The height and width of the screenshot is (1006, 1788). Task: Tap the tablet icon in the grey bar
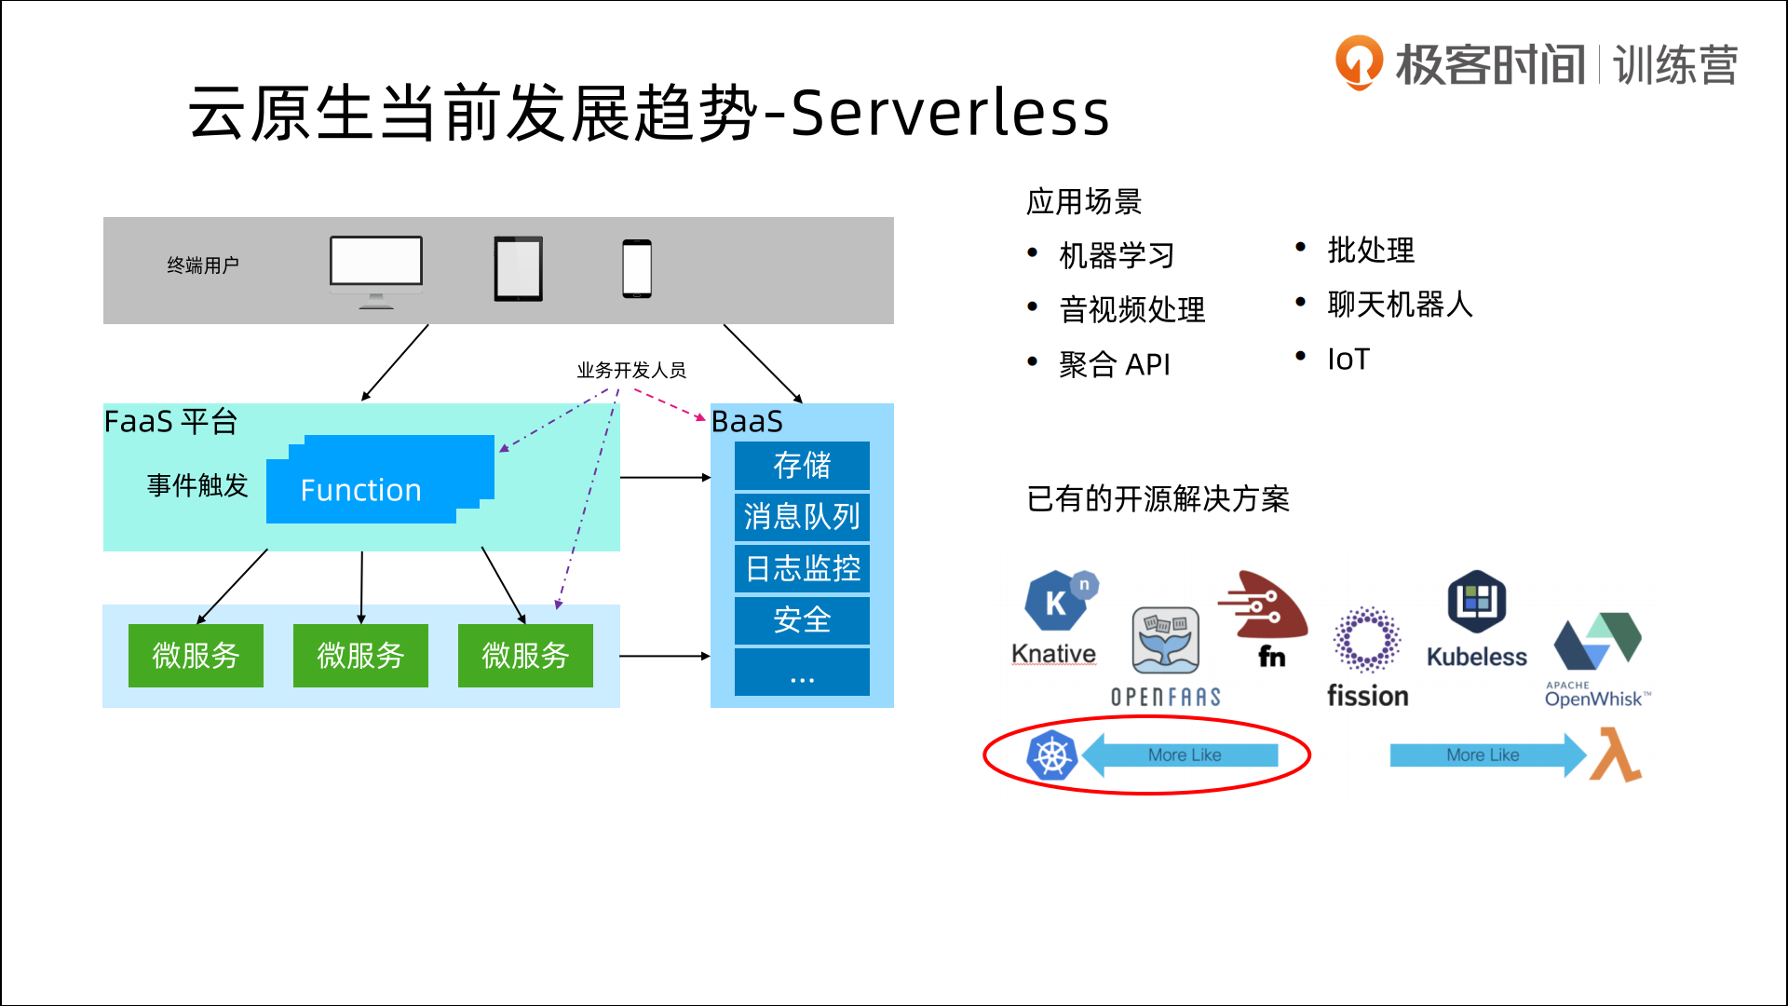pos(518,269)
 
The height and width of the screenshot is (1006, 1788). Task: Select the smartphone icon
pos(637,269)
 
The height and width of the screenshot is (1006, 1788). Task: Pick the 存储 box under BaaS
pos(802,466)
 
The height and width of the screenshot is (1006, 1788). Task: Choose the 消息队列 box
pos(802,517)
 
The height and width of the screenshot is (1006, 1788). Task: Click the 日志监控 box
pos(802,568)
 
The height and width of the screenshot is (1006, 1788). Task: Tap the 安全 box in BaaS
pos(802,619)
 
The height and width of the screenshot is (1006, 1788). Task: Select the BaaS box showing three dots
pos(802,673)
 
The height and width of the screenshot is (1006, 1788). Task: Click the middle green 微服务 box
pos(360,656)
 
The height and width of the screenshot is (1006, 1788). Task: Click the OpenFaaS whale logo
pos(1165,641)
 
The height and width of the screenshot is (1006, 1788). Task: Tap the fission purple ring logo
pos(1367,639)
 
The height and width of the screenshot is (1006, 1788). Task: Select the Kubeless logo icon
pos(1477,602)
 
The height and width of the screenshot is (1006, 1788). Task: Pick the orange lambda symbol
pos(1617,754)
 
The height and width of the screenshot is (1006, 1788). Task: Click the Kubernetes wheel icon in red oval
pos(1052,755)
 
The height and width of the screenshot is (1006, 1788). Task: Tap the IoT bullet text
pos(1348,360)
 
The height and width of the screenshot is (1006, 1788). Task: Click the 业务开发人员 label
pos(631,371)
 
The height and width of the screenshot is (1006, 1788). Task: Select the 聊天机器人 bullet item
pos(1400,305)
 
